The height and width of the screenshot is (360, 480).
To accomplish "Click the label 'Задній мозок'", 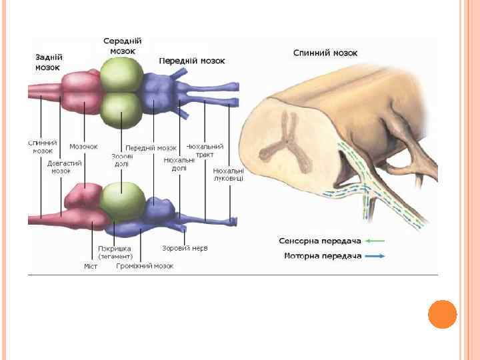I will pos(48,62).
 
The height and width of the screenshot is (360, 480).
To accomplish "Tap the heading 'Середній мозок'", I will pos(123,46).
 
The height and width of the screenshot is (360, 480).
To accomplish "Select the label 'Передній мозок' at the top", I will pos(192,61).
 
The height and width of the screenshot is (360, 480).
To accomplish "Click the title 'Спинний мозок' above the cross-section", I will pos(325,53).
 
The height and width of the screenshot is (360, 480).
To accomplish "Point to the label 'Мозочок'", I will pos(83,147).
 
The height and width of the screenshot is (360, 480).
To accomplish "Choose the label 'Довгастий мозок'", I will pos(64,167).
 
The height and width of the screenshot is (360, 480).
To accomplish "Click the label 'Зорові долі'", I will pos(122,160).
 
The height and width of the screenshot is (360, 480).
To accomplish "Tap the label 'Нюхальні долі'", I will pos(179,164).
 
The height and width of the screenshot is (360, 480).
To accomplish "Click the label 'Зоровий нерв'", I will pos(185,248).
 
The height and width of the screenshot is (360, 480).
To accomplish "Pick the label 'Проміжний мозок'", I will pos(145,265).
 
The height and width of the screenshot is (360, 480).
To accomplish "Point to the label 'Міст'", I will pos(91,266).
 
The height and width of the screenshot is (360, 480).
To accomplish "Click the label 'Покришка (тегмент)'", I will pos(115,252).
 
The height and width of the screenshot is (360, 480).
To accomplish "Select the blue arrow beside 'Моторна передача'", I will pos(375,256).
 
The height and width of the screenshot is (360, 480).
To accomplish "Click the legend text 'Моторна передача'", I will pos(323,256).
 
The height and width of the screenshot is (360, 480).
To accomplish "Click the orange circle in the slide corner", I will pos(442,314).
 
